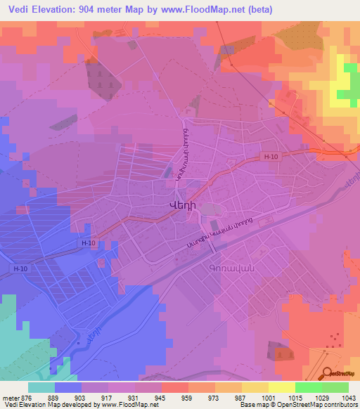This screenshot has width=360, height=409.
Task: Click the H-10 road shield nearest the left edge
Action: pyautogui.click(x=21, y=268)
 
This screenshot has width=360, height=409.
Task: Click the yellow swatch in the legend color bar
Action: pyautogui.click(x=282, y=387)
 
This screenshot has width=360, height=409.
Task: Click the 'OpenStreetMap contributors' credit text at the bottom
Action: pyautogui.click(x=323, y=405)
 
